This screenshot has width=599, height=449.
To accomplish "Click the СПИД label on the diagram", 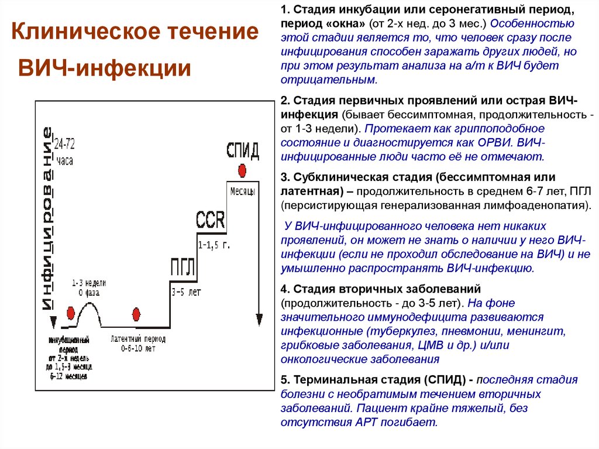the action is [x=242, y=150].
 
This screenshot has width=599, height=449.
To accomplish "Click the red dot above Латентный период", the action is [x=137, y=314].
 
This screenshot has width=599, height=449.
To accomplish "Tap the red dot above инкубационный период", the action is [x=70, y=313].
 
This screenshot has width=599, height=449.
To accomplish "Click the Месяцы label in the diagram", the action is [x=242, y=192].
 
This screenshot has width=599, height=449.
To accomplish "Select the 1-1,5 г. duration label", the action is [x=214, y=245].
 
